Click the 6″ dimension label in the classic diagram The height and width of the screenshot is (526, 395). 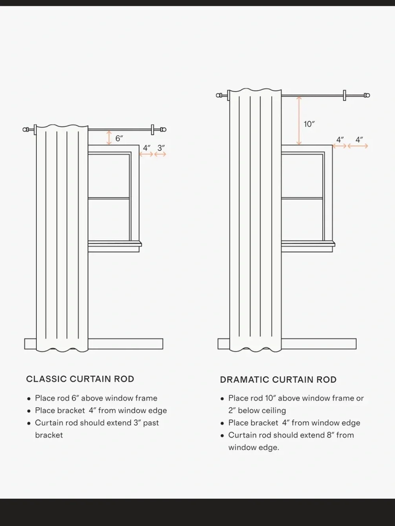point(119,138)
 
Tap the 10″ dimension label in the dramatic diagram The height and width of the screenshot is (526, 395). point(309,124)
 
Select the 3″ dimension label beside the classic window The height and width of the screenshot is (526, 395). point(161,148)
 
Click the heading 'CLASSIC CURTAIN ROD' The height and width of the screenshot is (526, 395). point(80,379)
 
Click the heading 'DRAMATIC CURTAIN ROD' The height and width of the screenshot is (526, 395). point(278,380)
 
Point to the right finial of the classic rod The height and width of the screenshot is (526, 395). point(163,130)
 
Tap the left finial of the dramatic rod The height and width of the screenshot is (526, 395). point(219,95)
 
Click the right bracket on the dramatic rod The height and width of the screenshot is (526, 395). point(344,95)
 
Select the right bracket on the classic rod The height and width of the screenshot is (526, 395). point(152,130)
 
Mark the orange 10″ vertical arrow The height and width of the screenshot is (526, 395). point(299,120)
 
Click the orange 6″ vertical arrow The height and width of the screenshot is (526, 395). point(109,138)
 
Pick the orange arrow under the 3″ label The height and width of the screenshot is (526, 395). point(160,154)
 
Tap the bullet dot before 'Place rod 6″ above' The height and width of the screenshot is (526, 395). point(29,399)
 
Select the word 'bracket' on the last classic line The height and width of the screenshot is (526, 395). point(49,435)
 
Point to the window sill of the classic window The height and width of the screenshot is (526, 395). point(115,244)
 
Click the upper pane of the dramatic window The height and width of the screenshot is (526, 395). point(302,176)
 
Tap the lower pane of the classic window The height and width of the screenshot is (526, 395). point(109,220)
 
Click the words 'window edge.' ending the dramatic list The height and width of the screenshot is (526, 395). point(254,447)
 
